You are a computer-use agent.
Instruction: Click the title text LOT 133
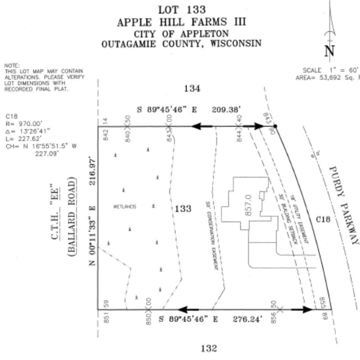(x=181, y=9)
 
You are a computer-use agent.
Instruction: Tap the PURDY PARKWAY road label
(x=343, y=206)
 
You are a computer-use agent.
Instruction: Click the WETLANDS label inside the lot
(x=124, y=207)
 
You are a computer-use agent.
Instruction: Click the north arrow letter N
(x=329, y=51)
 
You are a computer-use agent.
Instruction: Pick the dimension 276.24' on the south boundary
(x=247, y=319)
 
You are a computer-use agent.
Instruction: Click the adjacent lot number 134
(x=192, y=89)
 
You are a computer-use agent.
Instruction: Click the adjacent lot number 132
(x=209, y=348)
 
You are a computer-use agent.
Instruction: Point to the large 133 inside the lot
(x=183, y=209)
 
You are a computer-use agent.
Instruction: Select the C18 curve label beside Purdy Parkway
(x=323, y=219)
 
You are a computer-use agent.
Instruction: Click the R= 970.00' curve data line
(x=24, y=124)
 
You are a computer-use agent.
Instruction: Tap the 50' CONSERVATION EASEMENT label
(x=212, y=236)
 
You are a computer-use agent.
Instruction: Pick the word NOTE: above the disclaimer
(x=12, y=65)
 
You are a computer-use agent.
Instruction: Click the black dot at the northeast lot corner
(x=275, y=126)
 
